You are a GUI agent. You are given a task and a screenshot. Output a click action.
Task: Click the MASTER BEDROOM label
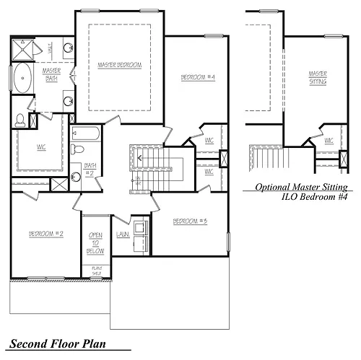(119, 65)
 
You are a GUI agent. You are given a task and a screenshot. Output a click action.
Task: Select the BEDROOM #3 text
(191, 220)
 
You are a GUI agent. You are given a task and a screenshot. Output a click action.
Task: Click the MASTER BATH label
(51, 74)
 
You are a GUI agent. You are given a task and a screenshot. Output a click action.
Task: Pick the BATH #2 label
(90, 170)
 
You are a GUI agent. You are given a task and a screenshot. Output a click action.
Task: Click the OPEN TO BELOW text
(96, 244)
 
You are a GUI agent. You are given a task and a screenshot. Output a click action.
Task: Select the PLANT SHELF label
(96, 273)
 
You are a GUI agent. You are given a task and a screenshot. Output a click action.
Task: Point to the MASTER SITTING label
(317, 77)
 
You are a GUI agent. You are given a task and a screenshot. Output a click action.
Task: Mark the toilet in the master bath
(22, 119)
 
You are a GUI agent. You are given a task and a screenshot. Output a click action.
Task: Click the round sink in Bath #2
(76, 175)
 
